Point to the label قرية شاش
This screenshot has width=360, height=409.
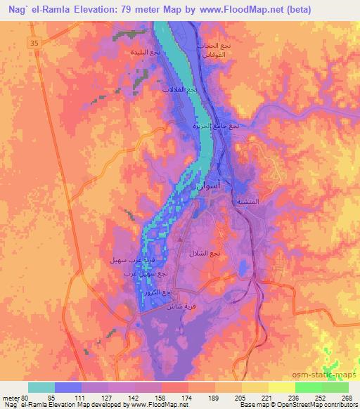coord(179,306)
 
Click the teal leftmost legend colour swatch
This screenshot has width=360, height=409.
coord(41,387)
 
